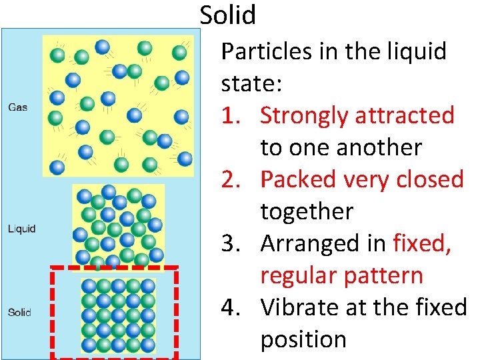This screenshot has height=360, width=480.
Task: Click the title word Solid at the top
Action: point(227,14)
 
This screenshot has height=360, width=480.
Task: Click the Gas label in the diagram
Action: point(17,107)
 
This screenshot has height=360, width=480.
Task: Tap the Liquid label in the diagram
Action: point(21,229)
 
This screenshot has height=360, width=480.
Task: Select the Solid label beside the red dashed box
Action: point(19,311)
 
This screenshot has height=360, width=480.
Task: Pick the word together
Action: point(306,211)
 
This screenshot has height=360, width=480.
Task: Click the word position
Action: point(303,339)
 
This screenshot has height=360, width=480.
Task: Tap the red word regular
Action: point(294,275)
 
